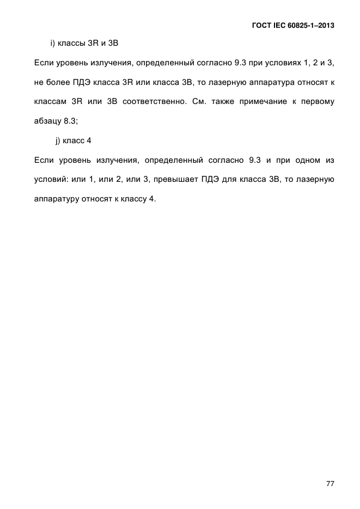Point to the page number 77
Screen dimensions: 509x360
tap(330, 483)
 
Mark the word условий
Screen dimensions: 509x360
tap(50, 180)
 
